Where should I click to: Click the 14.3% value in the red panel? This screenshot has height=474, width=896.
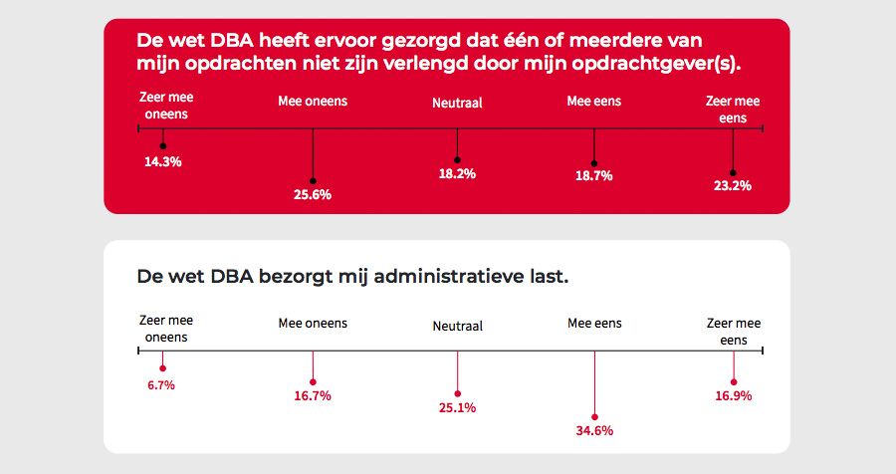pyautogui.click(x=162, y=161)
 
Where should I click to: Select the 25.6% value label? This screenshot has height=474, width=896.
pyautogui.click(x=313, y=195)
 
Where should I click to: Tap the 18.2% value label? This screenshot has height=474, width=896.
pyautogui.click(x=457, y=174)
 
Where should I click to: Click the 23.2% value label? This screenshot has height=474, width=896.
pyautogui.click(x=733, y=185)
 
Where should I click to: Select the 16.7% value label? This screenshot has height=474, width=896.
pyautogui.click(x=313, y=396)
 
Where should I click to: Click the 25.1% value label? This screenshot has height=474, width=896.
pyautogui.click(x=457, y=408)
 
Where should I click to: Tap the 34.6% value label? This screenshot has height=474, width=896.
pyautogui.click(x=594, y=431)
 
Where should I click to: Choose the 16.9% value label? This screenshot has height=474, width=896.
pyautogui.click(x=733, y=396)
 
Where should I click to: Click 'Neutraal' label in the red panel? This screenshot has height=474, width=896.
pyautogui.click(x=457, y=103)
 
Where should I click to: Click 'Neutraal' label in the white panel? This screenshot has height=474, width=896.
pyautogui.click(x=457, y=327)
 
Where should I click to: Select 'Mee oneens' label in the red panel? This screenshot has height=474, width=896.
pyautogui.click(x=313, y=102)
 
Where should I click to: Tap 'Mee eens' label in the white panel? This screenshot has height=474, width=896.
pyautogui.click(x=594, y=324)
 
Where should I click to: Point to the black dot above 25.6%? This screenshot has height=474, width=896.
pyautogui.click(x=313, y=180)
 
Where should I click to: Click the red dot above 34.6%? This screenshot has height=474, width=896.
pyautogui.click(x=594, y=417)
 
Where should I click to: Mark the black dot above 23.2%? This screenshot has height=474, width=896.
pyautogui.click(x=733, y=171)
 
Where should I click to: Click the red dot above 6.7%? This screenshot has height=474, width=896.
pyautogui.click(x=162, y=369)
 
